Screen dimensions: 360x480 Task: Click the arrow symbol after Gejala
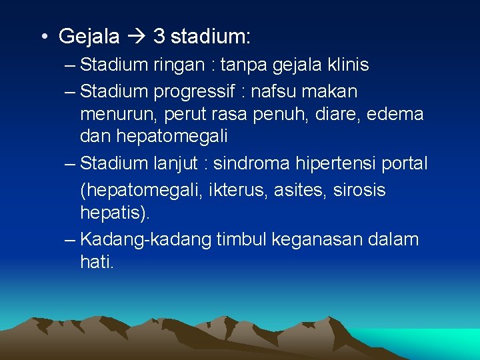pos(136,36)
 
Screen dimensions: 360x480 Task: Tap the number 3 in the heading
pos(159,36)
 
